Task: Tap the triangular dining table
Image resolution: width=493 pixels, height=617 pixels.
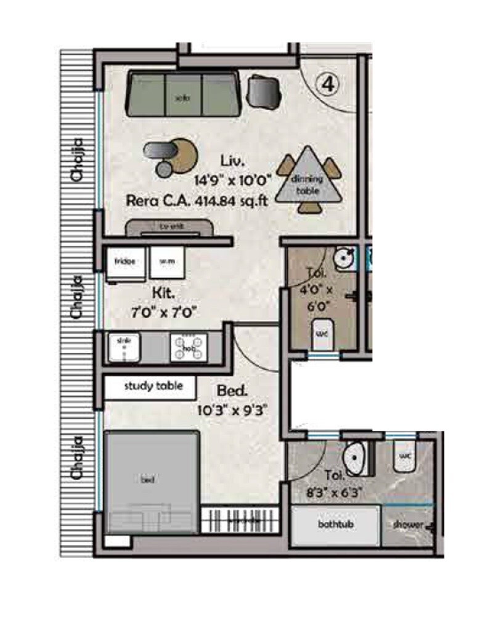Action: tap(306, 178)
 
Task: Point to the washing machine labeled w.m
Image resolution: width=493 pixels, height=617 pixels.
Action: tap(166, 264)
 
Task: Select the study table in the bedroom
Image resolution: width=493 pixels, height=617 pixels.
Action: tap(151, 387)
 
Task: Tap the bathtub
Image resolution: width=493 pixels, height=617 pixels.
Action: tap(335, 525)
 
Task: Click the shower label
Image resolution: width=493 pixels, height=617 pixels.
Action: tap(408, 525)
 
